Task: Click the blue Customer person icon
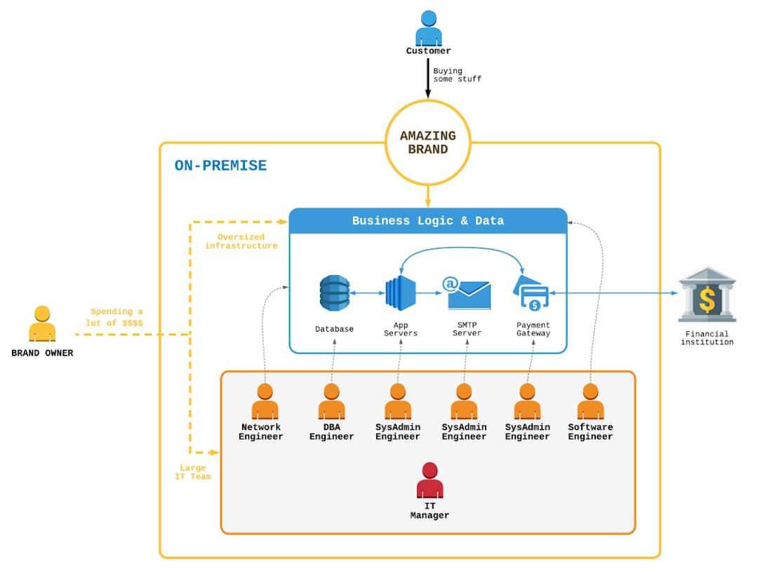pos(428,29)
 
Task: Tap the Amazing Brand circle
pos(428,142)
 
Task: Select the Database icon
pos(334,293)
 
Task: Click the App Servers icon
pos(400,293)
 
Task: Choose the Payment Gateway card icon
pos(533,293)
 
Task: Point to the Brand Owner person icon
pos(42,324)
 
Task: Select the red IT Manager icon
pos(430,481)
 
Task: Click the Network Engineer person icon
pos(265,402)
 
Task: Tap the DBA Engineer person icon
pos(331,402)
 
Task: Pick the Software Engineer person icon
pos(590,402)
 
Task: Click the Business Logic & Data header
pos(428,221)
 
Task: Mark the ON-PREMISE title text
pos(220,166)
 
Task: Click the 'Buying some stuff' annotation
pos(457,75)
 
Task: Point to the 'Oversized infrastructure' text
pos(241,241)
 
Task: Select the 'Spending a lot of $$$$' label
pos(117,317)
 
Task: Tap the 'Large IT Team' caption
pos(192,472)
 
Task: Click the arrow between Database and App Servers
pos(366,293)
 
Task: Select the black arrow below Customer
pos(428,79)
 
